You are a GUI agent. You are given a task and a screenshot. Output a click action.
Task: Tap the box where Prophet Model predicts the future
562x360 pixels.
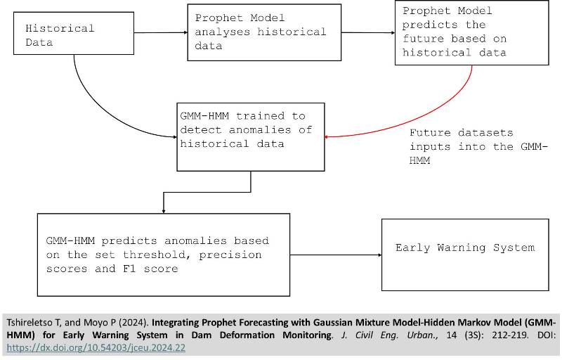(x=471, y=32)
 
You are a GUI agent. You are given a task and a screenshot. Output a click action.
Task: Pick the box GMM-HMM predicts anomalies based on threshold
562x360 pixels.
(x=163, y=255)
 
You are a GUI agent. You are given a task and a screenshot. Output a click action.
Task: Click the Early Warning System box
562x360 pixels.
(x=464, y=255)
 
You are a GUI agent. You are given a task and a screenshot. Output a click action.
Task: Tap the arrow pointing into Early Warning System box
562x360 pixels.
(x=336, y=255)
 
